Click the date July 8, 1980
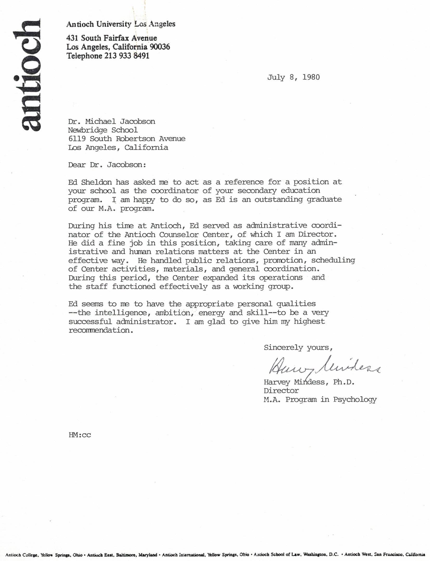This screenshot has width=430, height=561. click(x=293, y=77)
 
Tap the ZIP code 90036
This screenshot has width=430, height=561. click(x=160, y=47)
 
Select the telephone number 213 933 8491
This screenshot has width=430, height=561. click(x=127, y=56)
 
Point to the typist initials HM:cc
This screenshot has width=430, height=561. click(x=80, y=435)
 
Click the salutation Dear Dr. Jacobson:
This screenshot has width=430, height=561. click(x=107, y=165)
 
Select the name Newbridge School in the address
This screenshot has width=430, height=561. click(x=103, y=130)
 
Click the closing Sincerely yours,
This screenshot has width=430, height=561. click(x=298, y=348)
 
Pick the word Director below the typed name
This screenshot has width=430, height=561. click(x=281, y=391)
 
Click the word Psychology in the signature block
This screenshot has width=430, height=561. click(x=355, y=399)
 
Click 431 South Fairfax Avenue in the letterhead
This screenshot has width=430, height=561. click(x=112, y=38)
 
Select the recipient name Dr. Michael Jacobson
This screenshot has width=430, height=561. click(x=112, y=121)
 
